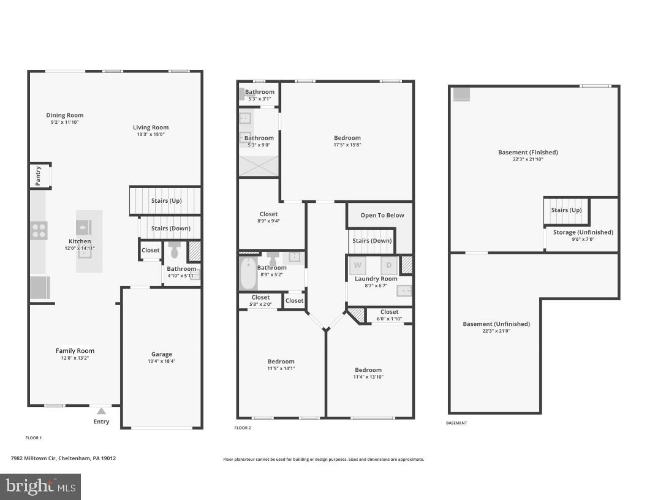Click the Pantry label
[x=38, y=175]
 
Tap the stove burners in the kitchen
[x=39, y=230]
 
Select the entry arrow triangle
[x=101, y=411]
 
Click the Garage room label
[x=162, y=354]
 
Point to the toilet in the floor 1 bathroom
[x=174, y=251]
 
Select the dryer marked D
[x=388, y=265]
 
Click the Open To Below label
[x=382, y=215]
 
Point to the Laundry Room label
[x=376, y=279]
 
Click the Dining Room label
[x=65, y=115]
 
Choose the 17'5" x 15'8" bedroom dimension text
[x=347, y=145]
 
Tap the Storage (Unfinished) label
[x=583, y=232]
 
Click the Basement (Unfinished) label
[x=496, y=324]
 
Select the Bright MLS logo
[x=40, y=487]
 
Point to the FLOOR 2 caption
[x=243, y=428]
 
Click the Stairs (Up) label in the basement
[x=566, y=210]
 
